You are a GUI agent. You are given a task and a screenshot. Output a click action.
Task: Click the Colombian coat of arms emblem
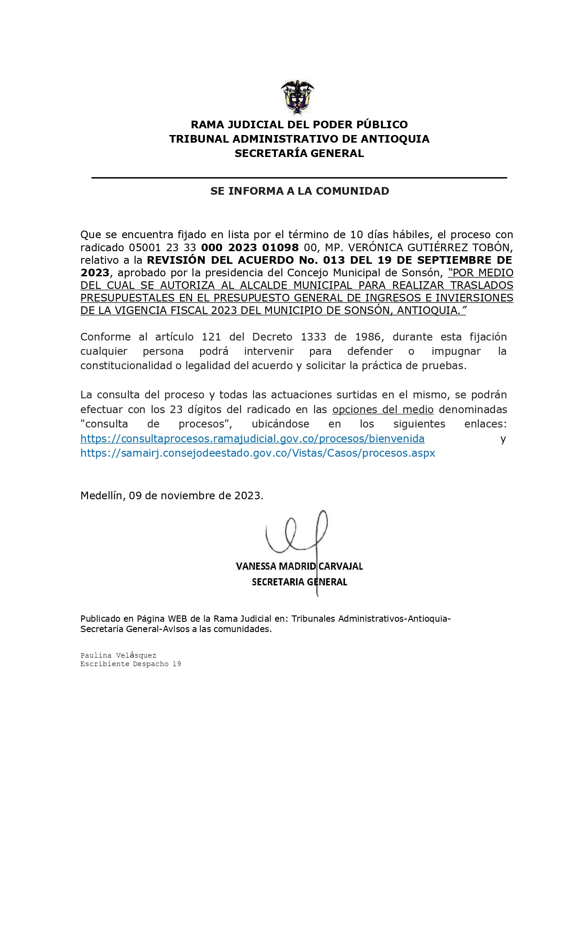297,97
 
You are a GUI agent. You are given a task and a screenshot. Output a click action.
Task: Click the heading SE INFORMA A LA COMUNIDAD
300,191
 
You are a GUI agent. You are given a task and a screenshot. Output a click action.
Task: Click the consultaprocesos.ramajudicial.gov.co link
252,438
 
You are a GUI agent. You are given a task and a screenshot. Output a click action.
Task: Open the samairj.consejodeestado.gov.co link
258,453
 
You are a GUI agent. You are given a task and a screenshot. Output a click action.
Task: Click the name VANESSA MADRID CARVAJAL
299,566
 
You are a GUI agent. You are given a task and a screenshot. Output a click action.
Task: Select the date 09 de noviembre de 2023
195,495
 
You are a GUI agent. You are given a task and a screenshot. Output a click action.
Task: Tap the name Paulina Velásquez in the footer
118,655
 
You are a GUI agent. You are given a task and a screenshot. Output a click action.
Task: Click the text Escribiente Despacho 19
131,664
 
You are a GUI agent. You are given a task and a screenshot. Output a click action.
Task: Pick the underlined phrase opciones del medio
383,409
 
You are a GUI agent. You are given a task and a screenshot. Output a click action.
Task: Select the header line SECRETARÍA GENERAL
299,153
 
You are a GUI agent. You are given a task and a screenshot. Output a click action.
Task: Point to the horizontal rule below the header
299,178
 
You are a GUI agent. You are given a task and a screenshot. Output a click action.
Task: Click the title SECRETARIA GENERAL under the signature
299,582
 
